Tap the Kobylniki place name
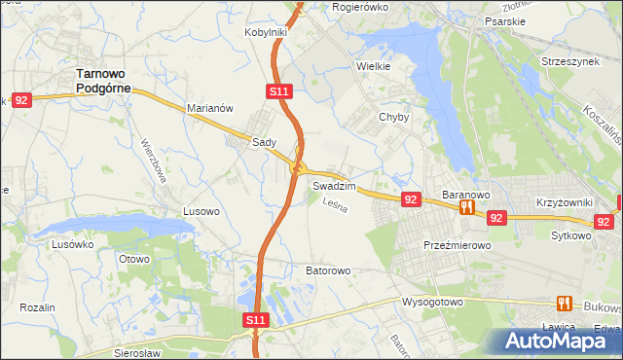265,32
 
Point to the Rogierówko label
360,7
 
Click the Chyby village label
393,118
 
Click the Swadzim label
334,185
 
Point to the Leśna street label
335,206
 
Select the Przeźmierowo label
457,246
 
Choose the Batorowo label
327,270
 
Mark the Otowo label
134,259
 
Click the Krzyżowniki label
566,203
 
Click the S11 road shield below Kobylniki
278,91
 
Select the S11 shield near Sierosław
254,319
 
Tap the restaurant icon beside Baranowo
466,207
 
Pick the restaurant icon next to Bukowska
564,304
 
